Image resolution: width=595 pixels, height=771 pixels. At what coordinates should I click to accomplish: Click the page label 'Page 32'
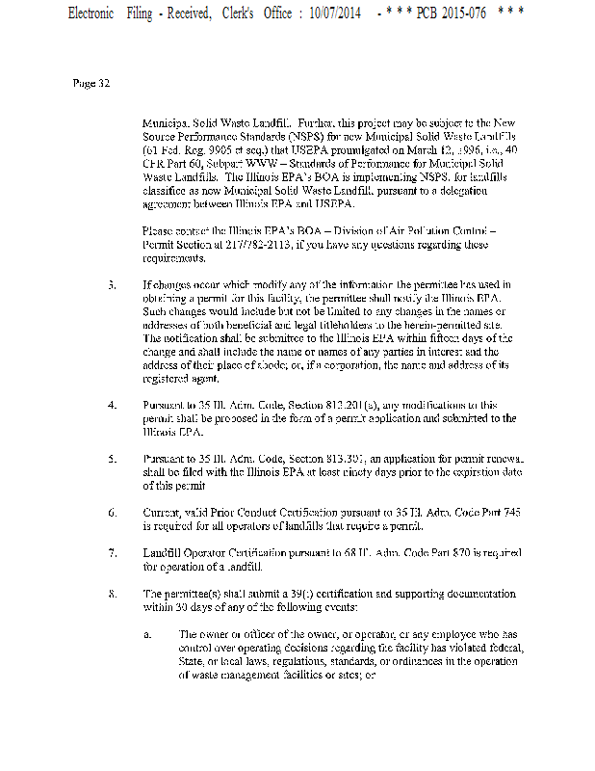(x=91, y=83)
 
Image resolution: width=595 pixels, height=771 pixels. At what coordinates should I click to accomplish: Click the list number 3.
(x=112, y=285)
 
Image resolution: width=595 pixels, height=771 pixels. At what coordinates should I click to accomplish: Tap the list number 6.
(x=112, y=513)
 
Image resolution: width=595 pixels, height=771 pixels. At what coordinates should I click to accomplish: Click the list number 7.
(x=112, y=554)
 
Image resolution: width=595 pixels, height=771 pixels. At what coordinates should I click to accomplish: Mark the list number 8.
(x=112, y=594)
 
